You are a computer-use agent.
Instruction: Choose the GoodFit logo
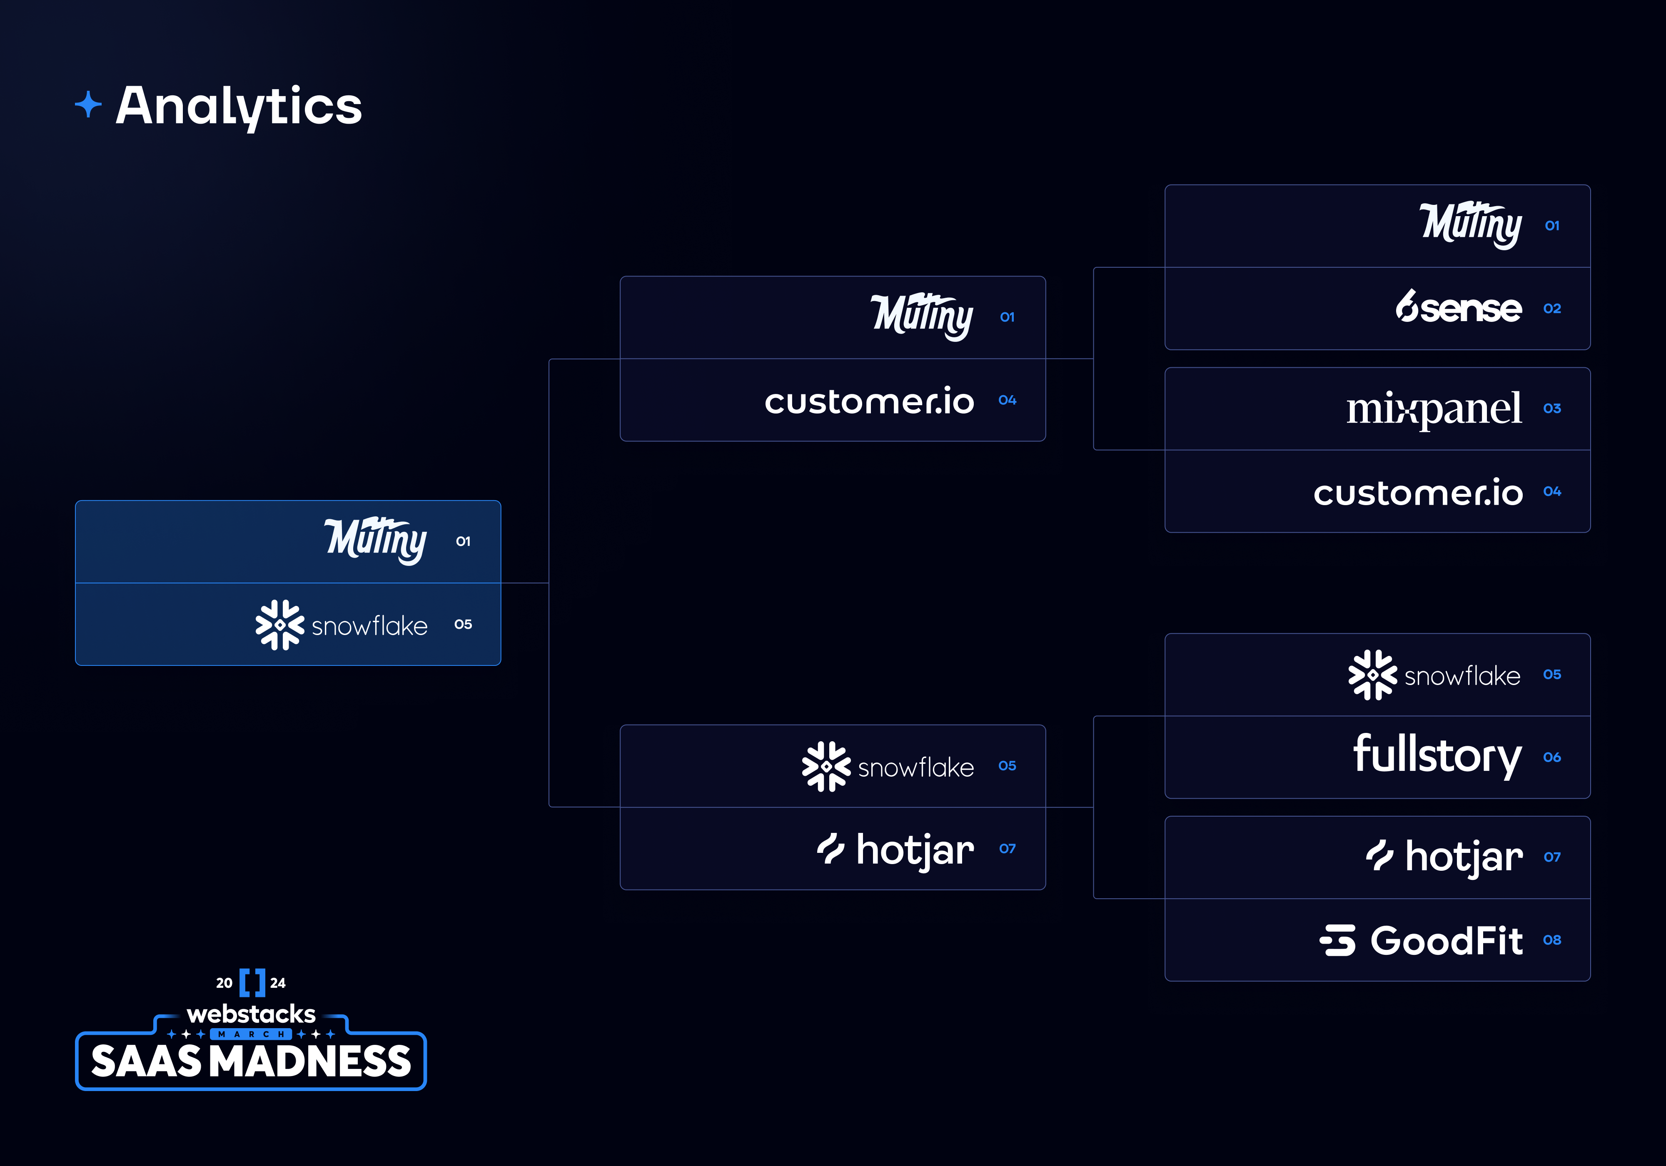[x=1421, y=940]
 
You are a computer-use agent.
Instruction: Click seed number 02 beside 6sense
[x=1552, y=309]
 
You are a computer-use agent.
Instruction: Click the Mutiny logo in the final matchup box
[x=375, y=541]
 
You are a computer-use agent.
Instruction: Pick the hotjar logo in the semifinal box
[x=895, y=850]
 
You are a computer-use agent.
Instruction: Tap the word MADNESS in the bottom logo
[x=314, y=1061]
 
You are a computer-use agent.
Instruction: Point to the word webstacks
[x=251, y=1014]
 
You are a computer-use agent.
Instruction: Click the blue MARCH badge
[x=251, y=1034]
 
